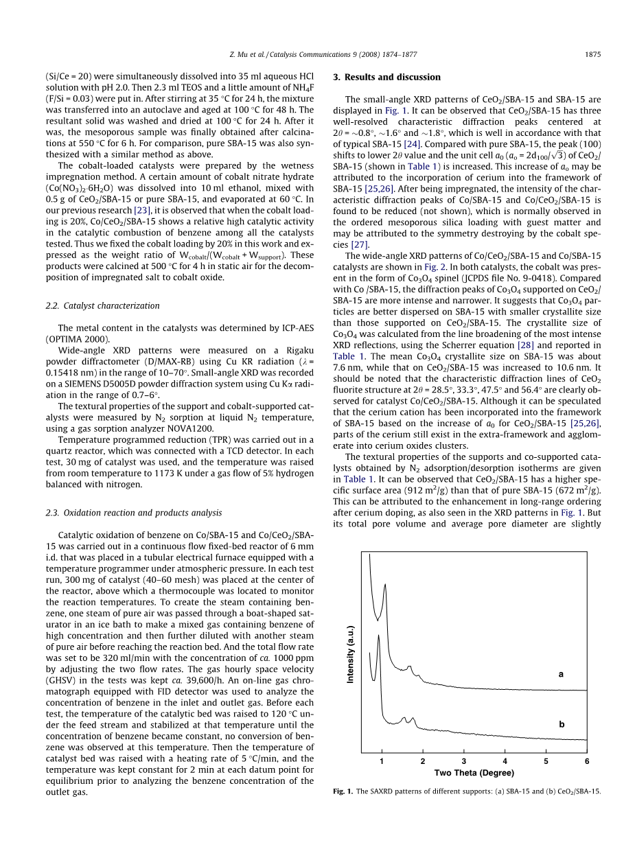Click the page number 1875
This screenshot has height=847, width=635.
click(x=592, y=54)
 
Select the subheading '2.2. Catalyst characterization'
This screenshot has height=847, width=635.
click(x=108, y=305)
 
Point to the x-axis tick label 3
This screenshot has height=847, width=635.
click(x=463, y=761)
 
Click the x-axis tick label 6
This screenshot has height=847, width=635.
click(x=587, y=761)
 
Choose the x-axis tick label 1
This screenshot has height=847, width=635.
click(x=382, y=761)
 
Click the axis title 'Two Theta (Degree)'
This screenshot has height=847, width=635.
click(x=474, y=773)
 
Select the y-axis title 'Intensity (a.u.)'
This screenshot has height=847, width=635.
click(x=350, y=654)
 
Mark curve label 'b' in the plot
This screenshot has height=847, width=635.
click(x=561, y=724)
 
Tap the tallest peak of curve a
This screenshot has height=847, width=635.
click(x=385, y=585)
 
